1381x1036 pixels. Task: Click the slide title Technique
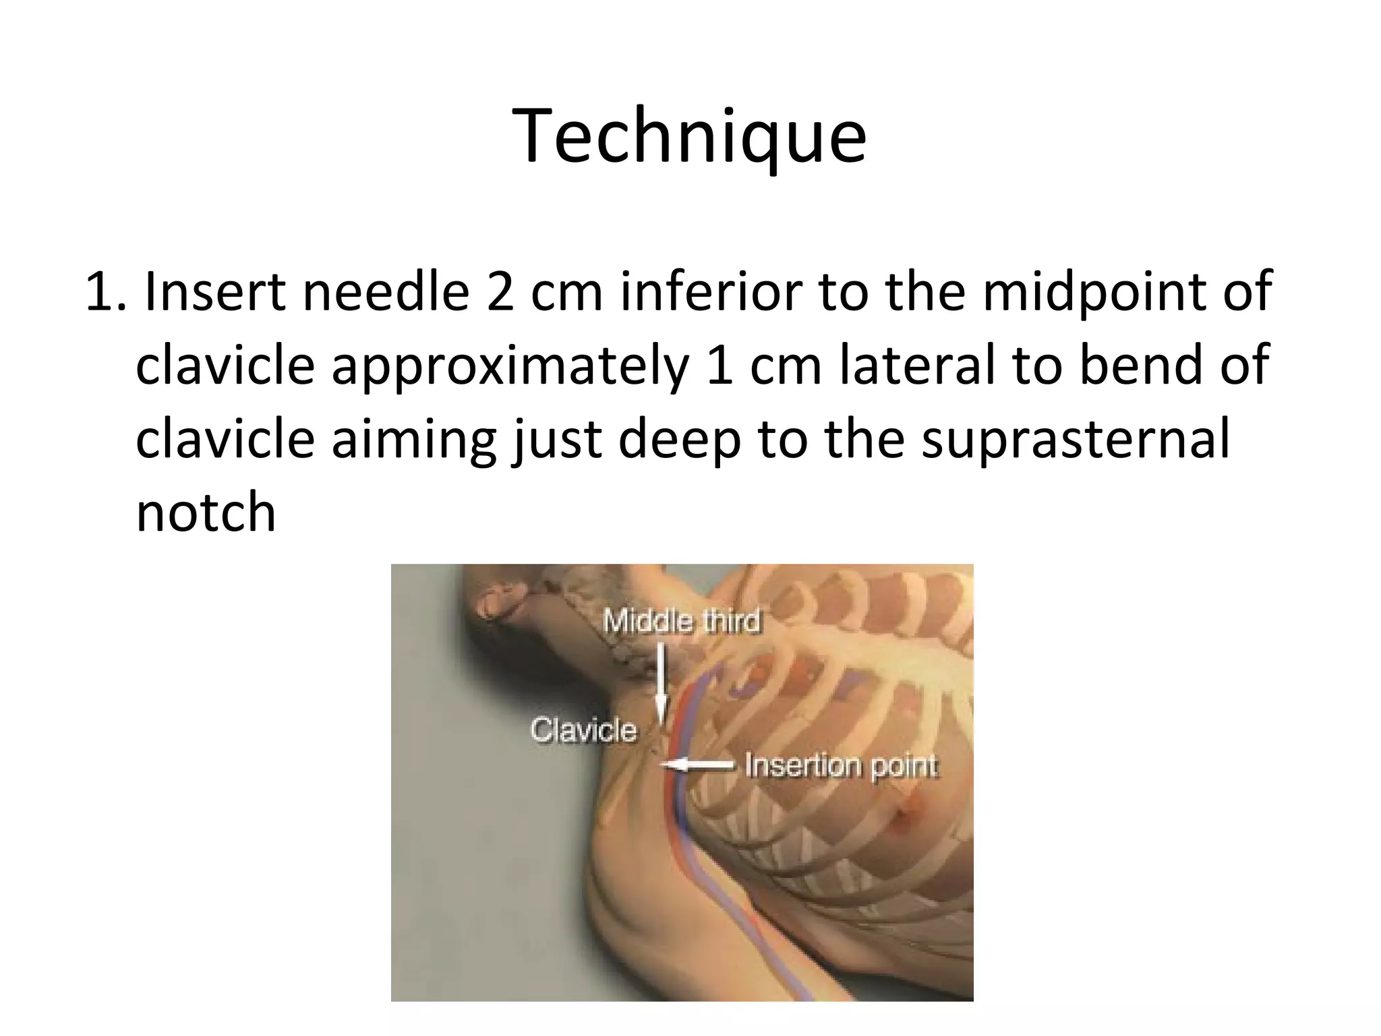click(x=689, y=136)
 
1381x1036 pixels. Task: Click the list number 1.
click(x=105, y=292)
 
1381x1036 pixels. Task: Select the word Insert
click(x=214, y=292)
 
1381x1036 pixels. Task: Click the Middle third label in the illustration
click(x=681, y=621)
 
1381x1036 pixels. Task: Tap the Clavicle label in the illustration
click(x=583, y=730)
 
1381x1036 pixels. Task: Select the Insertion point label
click(x=840, y=766)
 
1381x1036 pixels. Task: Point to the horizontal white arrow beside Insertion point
click(x=698, y=765)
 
